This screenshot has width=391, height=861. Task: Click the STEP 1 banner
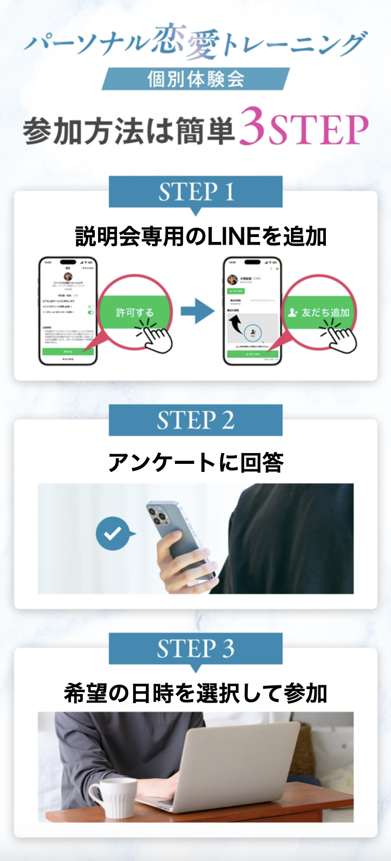[x=195, y=192]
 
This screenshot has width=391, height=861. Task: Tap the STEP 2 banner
[x=195, y=420]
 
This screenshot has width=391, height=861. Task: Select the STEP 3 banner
[x=195, y=649]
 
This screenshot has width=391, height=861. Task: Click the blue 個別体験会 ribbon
[x=195, y=79]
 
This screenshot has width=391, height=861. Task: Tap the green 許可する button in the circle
[x=135, y=312]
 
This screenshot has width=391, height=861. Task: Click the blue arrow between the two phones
[x=197, y=312]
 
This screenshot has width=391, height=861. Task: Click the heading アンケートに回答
[x=195, y=462]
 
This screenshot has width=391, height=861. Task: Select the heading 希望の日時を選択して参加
[x=195, y=693]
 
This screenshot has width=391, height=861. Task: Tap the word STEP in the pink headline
[x=318, y=129]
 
